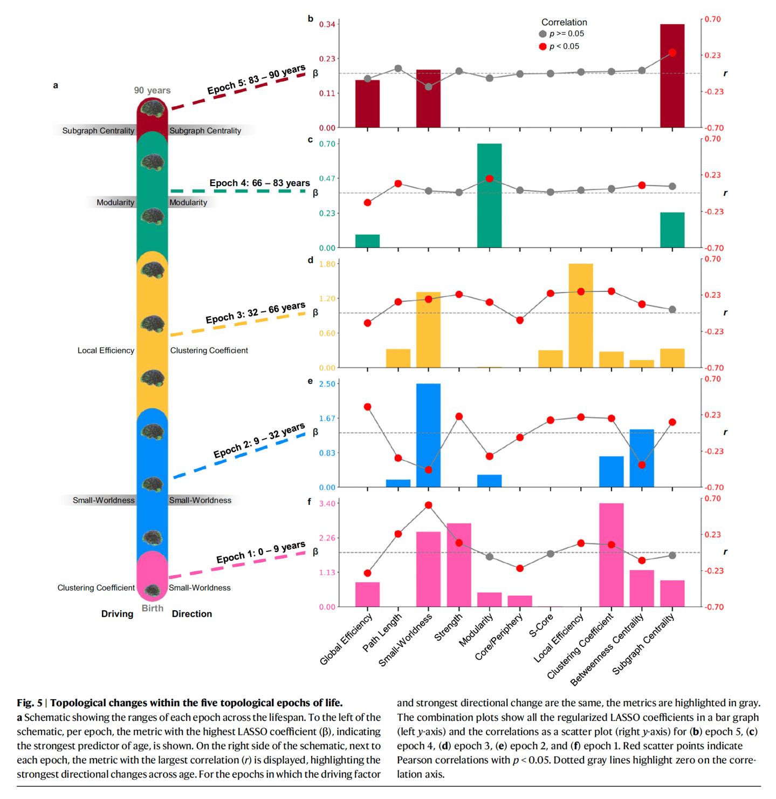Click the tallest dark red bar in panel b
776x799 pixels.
click(x=672, y=76)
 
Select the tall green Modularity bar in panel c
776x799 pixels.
click(x=489, y=195)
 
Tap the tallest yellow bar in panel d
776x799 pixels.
click(x=581, y=316)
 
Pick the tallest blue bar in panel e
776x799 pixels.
click(x=428, y=435)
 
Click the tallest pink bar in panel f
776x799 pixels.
click(x=611, y=555)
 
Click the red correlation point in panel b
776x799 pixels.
click(x=672, y=53)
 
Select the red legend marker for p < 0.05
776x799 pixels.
click(x=542, y=46)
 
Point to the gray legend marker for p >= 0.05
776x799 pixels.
click(x=542, y=34)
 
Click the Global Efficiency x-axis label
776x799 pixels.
click(x=346, y=639)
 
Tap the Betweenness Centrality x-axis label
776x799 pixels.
click(x=607, y=650)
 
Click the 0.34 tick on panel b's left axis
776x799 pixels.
click(x=327, y=24)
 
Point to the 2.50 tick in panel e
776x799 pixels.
click(x=327, y=384)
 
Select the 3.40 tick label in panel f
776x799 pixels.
click(x=327, y=503)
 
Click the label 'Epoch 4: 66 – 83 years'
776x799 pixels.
click(x=259, y=183)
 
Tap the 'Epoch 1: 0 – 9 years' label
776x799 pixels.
click(x=260, y=552)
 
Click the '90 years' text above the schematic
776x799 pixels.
click(x=152, y=91)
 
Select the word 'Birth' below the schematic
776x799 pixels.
click(x=152, y=608)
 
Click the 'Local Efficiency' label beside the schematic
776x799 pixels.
click(x=106, y=351)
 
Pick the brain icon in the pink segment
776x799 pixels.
click(x=153, y=590)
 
